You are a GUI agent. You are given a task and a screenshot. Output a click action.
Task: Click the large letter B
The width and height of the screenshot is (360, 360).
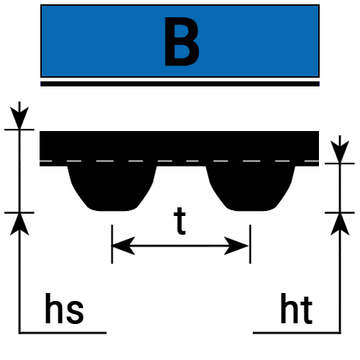click(181, 41)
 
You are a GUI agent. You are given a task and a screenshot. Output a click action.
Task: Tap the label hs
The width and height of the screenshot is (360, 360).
click(64, 309)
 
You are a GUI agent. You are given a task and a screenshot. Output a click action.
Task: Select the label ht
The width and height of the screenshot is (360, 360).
click(297, 309)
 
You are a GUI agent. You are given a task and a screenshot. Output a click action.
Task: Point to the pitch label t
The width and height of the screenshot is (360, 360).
click(180, 221)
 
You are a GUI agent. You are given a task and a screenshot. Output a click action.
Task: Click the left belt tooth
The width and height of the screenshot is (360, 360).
click(112, 188)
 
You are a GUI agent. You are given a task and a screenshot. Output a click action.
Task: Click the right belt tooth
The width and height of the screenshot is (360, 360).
click(251, 188)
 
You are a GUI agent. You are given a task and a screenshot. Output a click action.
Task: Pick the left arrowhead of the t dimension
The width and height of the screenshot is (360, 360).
click(123, 246)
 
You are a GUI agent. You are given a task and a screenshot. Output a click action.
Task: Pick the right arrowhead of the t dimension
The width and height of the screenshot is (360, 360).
click(237, 246)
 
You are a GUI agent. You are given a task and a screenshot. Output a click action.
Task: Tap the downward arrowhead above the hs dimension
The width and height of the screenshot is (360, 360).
click(19, 118)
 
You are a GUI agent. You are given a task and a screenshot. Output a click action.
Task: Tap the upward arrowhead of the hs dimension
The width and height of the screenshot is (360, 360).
click(19, 225)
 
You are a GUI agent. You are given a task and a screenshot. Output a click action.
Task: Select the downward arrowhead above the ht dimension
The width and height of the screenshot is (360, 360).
click(340, 152)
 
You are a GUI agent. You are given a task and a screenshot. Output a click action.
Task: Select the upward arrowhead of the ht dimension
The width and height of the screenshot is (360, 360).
click(340, 225)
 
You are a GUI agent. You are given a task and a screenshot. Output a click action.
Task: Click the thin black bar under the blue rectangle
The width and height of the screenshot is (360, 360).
click(180, 84)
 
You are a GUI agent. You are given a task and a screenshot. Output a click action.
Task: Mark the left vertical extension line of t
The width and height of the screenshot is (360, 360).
click(112, 244)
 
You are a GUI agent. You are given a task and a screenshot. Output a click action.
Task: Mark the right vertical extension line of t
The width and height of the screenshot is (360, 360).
click(251, 244)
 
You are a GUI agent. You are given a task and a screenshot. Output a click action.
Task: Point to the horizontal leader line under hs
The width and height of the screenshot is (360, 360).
click(63, 333)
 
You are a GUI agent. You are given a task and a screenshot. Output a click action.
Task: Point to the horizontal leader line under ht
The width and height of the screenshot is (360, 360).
click(297, 333)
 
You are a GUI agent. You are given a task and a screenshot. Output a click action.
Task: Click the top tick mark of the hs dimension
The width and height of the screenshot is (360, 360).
click(19, 130)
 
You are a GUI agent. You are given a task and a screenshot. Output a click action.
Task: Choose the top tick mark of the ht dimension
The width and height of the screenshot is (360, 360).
click(340, 163)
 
